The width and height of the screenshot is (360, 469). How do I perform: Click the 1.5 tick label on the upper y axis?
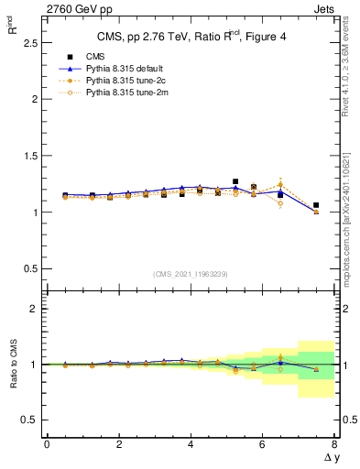pos(28,156)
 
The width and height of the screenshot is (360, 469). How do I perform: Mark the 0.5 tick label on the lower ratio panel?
pos(28,420)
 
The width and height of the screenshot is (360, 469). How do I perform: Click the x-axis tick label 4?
pos(191,444)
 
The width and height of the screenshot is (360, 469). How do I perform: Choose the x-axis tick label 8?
pos(334,444)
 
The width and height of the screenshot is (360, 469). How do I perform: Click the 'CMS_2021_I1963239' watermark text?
pos(191,273)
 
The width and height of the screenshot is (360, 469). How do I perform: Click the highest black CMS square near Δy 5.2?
pos(235,181)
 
